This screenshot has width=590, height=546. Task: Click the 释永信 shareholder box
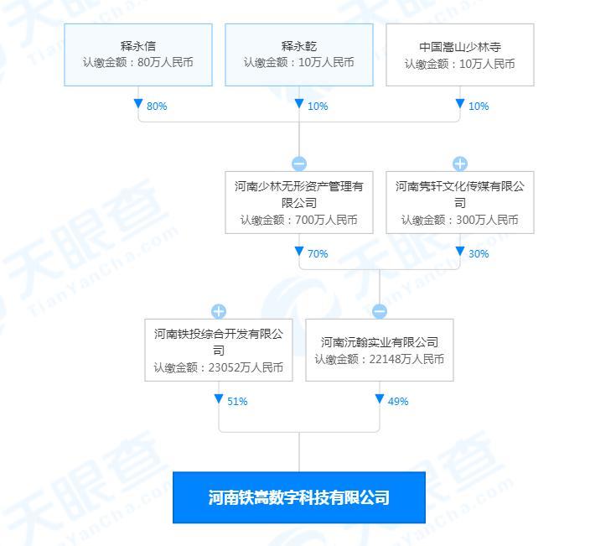[x=138, y=55]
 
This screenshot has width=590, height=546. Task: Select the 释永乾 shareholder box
[x=299, y=55]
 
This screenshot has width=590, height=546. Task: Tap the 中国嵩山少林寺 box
[x=460, y=55]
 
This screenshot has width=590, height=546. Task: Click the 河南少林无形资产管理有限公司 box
[x=299, y=203]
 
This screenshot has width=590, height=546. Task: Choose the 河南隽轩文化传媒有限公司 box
[x=460, y=203]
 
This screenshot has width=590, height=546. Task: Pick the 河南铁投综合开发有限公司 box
[x=219, y=351]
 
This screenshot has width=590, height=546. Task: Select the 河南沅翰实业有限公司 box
[x=380, y=351]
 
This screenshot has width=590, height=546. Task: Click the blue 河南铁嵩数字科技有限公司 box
[x=299, y=497]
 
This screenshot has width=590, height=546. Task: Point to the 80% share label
[x=157, y=107]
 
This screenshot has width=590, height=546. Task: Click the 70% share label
[x=318, y=254]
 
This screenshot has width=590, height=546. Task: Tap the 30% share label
[x=479, y=254]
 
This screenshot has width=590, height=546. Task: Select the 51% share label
[x=237, y=402]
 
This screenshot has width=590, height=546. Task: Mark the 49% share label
[x=398, y=402]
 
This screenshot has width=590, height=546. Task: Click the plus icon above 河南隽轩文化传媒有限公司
[x=460, y=164]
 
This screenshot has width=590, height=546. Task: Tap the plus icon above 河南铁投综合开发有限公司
[x=219, y=311]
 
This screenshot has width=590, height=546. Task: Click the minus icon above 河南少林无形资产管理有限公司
[x=299, y=164]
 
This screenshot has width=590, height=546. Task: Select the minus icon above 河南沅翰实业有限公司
[x=380, y=311]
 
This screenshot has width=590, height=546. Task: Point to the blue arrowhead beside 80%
[x=138, y=103]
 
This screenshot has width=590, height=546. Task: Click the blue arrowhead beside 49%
[x=380, y=398]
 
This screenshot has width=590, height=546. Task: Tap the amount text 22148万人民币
[x=406, y=359]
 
